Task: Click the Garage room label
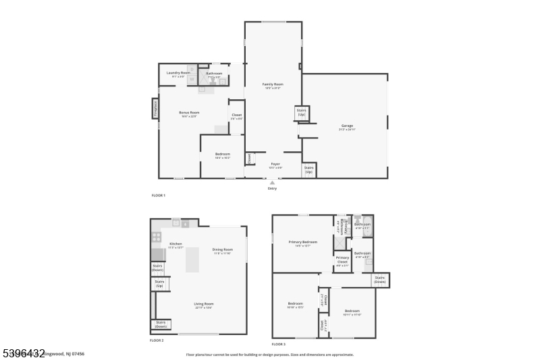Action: point(347,126)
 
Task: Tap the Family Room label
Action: point(273,84)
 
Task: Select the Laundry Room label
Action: point(178,72)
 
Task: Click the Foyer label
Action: point(275,163)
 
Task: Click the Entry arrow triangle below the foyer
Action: point(272,182)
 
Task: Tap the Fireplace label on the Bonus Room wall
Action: point(155,108)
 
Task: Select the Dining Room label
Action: point(222,249)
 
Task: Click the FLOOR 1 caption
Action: point(158,195)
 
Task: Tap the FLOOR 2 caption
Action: point(157,340)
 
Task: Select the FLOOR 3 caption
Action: point(279,344)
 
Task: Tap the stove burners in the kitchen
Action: point(156,237)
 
